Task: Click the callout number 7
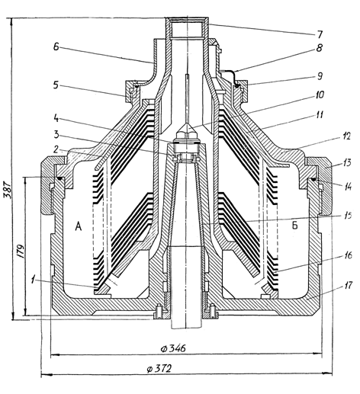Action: [320, 34]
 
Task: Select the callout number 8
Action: [320, 47]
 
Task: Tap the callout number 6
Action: [56, 46]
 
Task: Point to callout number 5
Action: [56, 85]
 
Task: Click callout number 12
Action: [346, 136]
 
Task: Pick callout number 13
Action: [347, 162]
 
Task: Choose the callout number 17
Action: [348, 285]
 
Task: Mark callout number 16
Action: [348, 255]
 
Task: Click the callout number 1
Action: [33, 280]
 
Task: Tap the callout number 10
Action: [320, 94]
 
